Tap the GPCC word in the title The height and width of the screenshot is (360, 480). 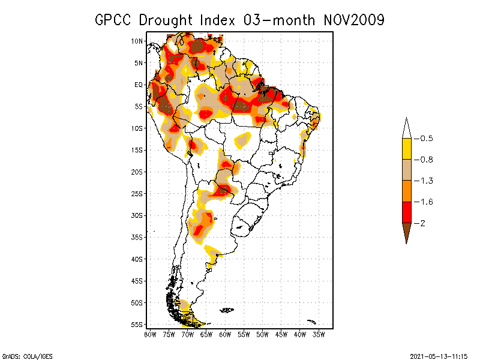115,20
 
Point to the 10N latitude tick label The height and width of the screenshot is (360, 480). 137,41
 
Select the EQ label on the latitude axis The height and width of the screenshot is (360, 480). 139,85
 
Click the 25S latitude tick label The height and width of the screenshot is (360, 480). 137,194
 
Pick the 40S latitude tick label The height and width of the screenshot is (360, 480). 137,259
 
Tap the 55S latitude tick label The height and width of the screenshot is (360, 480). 137,325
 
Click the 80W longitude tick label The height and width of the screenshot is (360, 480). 150,334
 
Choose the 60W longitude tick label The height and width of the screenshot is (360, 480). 225,334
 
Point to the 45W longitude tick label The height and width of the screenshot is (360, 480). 281,334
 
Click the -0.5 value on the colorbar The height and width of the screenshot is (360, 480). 426,139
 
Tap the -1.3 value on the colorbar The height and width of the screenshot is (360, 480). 426,181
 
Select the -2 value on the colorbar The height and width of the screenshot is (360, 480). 422,223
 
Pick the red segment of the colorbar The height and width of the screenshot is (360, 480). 406,212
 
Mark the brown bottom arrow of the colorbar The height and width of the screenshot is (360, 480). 406,231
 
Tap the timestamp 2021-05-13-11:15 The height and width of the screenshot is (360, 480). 439,356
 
